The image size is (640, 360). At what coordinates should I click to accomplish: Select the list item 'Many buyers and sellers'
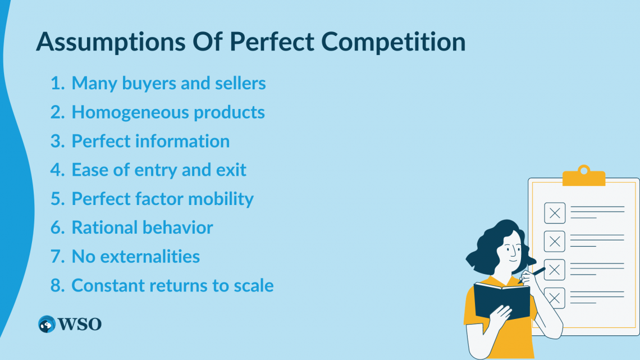[168, 83]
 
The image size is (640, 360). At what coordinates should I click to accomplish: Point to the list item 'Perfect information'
[150, 141]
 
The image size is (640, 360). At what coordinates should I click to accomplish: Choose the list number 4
[57, 170]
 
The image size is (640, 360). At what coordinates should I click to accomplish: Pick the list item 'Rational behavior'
[142, 228]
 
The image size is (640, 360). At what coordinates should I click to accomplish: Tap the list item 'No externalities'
[135, 257]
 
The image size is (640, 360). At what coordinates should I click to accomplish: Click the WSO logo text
[80, 325]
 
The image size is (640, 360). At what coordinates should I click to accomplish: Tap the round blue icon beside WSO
[47, 325]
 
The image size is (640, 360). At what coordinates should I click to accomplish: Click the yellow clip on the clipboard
[584, 176]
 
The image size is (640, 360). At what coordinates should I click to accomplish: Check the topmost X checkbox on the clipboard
[555, 213]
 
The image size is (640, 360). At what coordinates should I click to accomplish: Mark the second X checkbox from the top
[555, 241]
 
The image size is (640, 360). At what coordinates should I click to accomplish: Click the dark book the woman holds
[502, 300]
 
